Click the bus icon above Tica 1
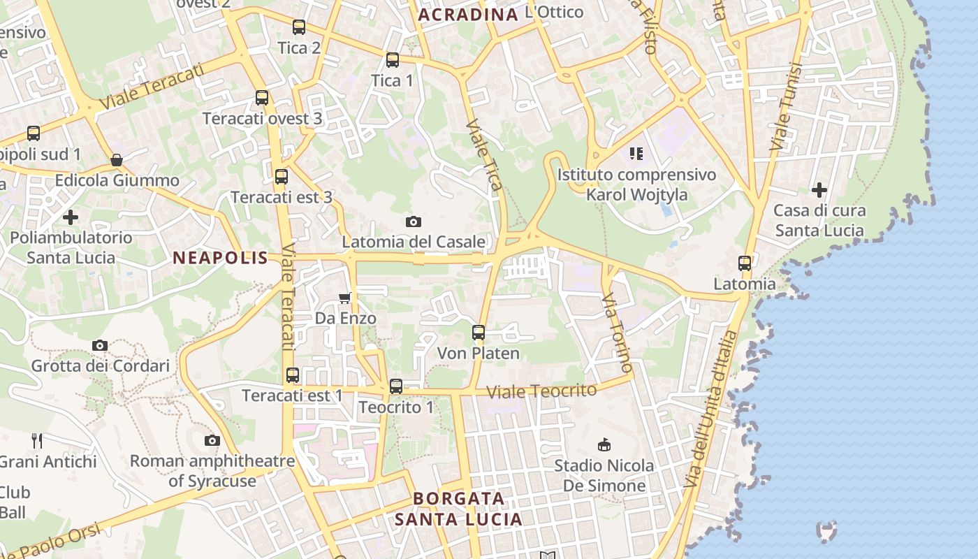point(393,60)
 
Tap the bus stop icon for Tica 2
point(299,27)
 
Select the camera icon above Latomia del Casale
point(414,222)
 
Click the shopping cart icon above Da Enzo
point(344,298)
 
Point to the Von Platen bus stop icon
point(479,333)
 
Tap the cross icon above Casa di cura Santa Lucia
point(819,189)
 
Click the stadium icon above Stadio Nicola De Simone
point(604,444)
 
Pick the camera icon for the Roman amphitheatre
point(212,440)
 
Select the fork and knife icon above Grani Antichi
point(37,440)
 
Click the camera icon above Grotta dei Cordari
point(100,345)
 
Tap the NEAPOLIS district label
point(220,258)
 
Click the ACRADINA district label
point(468,14)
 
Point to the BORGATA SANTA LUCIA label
point(458,509)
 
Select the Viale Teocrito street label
point(541,391)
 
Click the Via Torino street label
point(618,332)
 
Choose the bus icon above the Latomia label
point(745,263)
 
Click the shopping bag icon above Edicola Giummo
point(117,160)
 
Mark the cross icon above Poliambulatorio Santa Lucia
point(71,217)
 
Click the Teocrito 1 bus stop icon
point(396,386)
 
